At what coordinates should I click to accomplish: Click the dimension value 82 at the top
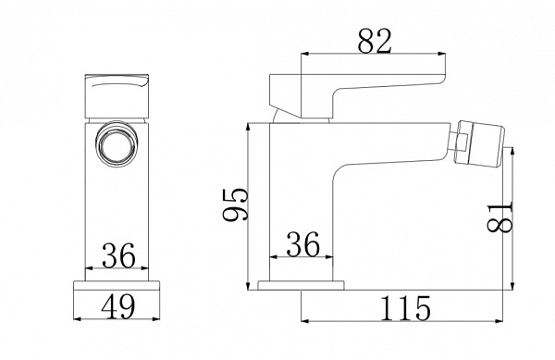[x=375, y=41]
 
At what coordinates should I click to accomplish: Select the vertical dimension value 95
[x=236, y=205]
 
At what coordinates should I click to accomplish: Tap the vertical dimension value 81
[x=500, y=217]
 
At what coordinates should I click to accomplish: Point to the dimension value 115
[x=406, y=308]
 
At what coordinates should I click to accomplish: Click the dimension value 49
[x=117, y=306]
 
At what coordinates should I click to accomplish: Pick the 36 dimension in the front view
[x=118, y=255]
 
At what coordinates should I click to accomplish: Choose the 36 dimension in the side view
[x=303, y=244]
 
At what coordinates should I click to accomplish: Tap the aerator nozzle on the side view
[x=481, y=143]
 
